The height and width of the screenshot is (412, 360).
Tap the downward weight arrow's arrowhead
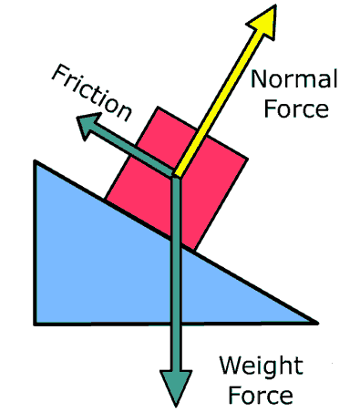click(174, 386)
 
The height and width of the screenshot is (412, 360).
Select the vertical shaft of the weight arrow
click(174, 273)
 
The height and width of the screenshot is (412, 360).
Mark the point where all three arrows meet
click(173, 175)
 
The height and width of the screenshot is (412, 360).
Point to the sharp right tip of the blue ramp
click(316, 322)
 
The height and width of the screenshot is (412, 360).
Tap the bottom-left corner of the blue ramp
click(36, 322)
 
